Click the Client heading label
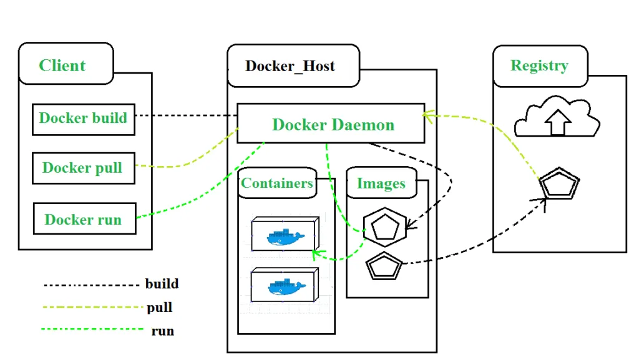click(x=62, y=66)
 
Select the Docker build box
click(x=83, y=119)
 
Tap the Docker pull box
click(x=83, y=168)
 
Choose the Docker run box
click(x=84, y=219)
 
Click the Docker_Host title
click(x=290, y=66)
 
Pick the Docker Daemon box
click(x=331, y=124)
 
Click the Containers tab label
click(x=277, y=183)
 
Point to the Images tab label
click(x=381, y=183)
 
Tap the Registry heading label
click(x=539, y=66)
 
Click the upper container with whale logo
click(x=285, y=235)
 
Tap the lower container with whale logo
click(x=285, y=286)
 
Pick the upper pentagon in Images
click(x=385, y=226)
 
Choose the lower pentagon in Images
click(x=383, y=266)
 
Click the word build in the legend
click(x=162, y=284)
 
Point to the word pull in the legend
click(x=160, y=308)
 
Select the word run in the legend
click(x=162, y=331)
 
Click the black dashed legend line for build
click(x=90, y=285)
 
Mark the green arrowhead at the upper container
click(x=316, y=253)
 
